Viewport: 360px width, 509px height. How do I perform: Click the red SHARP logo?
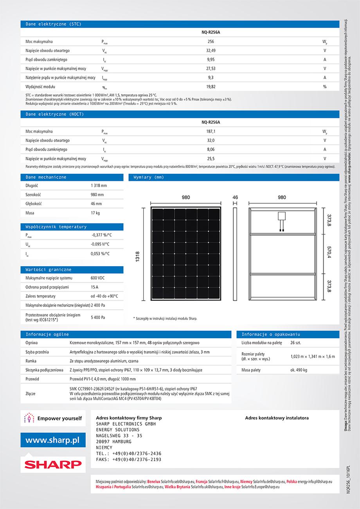52,464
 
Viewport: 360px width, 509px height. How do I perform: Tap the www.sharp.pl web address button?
52,440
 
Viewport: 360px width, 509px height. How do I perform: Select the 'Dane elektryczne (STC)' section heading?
54,24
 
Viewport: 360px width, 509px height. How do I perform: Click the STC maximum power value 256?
211,42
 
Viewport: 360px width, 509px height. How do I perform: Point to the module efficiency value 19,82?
211,87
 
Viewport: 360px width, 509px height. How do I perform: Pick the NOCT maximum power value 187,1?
211,132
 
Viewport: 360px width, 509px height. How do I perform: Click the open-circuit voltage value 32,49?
211,51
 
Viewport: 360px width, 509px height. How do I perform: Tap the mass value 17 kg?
95,213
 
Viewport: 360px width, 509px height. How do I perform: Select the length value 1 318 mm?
99,186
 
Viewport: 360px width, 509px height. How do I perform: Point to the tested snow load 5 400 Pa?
98,317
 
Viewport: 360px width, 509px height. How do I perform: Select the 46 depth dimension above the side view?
235,197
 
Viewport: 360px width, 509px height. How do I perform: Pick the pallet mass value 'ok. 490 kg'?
299,370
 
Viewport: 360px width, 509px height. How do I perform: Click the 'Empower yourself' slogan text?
59,419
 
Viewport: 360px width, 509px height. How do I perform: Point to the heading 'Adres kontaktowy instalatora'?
277,418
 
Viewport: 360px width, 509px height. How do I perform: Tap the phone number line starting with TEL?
128,453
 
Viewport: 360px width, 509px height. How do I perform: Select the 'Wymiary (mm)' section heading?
149,177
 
